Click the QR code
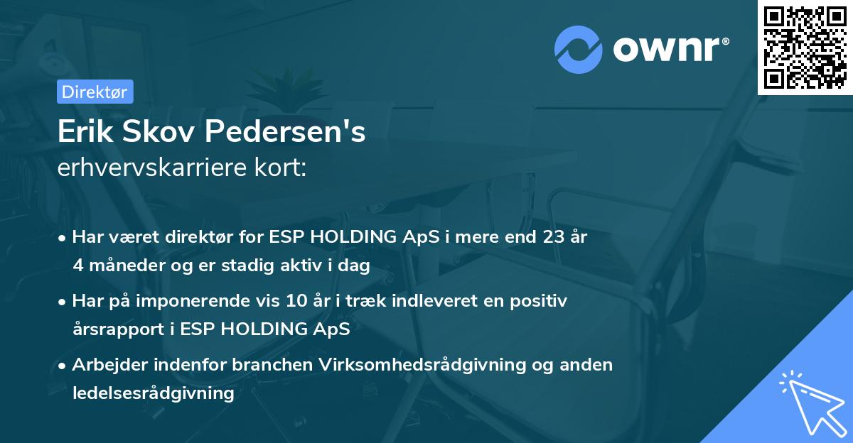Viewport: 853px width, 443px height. click(805, 47)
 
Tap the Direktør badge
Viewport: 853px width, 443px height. click(95, 92)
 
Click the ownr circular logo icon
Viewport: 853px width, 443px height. click(579, 49)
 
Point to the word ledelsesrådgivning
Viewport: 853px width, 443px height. click(153, 393)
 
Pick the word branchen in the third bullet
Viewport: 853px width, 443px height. click(273, 365)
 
